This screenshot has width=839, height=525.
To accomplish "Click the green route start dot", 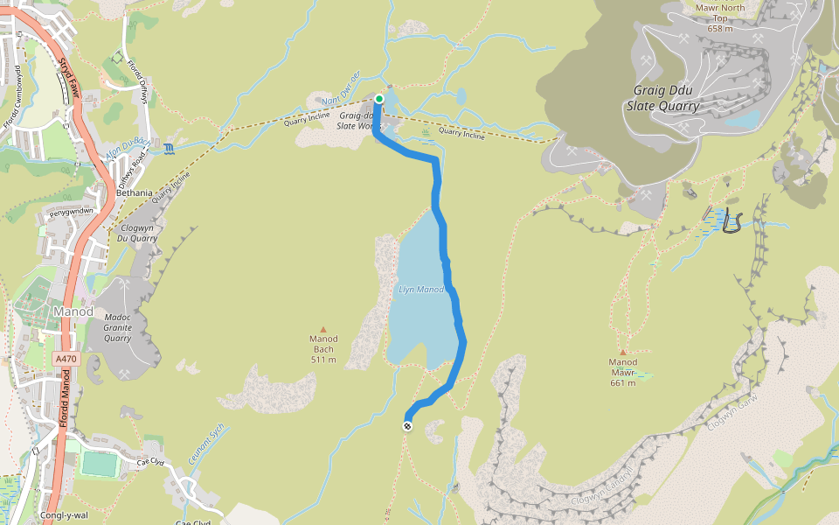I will coord(379,99).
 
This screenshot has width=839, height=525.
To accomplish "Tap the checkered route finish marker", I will coord(407,426).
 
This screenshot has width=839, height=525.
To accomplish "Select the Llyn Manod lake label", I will coord(421,290).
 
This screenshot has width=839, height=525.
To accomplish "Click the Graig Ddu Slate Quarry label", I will coord(662,98).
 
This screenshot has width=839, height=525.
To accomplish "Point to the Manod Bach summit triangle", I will coord(323,329).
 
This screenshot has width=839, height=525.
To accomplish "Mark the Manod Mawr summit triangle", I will coord(622,352).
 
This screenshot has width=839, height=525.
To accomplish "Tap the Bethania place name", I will coord(128,192).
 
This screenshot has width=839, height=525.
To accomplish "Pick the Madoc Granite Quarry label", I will coord(117,328).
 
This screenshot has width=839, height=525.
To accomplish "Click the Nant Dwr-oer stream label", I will coord(342,81).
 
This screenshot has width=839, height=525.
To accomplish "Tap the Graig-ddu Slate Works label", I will coord(361,120).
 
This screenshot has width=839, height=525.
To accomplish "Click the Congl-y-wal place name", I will coord(64,515).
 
